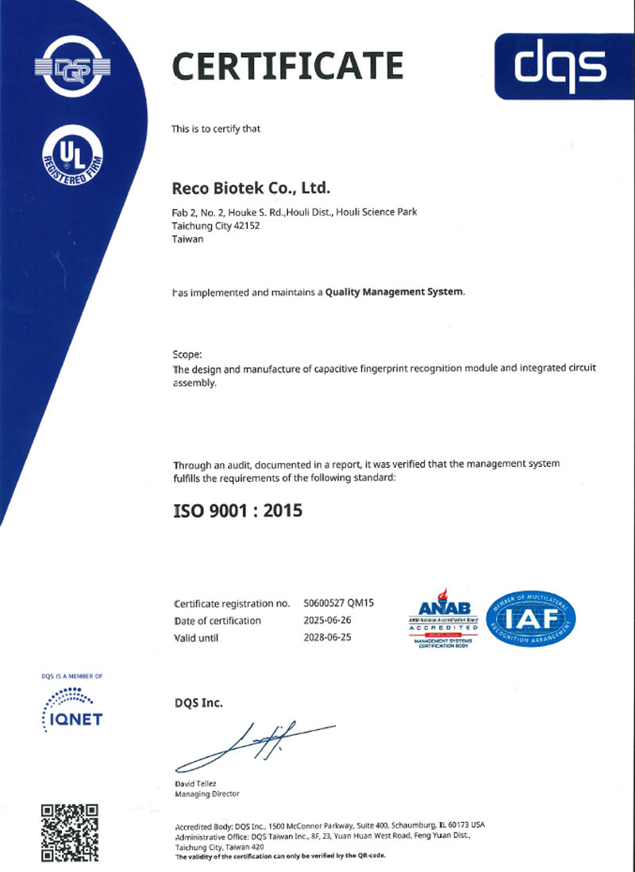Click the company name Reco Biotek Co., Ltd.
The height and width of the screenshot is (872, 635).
pos(251,189)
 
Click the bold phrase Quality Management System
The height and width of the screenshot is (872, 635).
pos(394,292)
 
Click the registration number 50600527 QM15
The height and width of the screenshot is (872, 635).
pos(339,603)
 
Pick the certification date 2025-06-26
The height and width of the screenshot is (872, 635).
pos(328,620)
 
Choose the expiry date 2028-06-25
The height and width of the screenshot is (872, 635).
pos(328,637)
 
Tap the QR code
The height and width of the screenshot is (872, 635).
pos(70,832)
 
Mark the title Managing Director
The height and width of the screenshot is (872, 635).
pos(206,794)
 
